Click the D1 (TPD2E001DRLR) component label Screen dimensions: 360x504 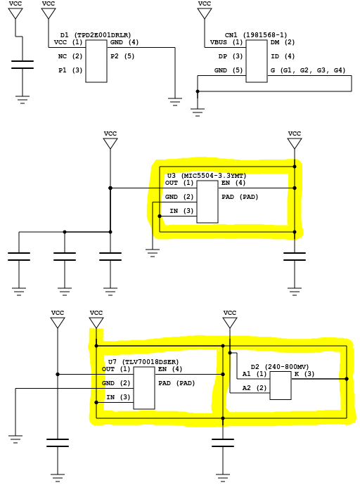[96, 35]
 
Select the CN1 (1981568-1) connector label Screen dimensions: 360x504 [256, 35]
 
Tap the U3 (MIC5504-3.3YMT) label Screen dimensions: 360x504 [207, 176]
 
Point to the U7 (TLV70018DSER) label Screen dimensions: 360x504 [143, 362]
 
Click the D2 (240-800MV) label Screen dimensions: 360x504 [280, 367]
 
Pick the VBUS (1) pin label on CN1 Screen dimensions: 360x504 [226, 42]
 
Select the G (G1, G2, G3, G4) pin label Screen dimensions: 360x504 [308, 70]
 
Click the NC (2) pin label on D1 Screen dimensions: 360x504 [70, 56]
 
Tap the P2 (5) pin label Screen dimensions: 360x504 [122, 56]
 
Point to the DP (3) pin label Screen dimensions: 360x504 [231, 56]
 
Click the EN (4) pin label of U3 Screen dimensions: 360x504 [233, 183]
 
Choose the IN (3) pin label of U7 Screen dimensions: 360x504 [118, 397]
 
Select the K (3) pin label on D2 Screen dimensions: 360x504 [304, 374]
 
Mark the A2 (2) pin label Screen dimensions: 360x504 [255, 388]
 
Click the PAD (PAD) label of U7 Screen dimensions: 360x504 [176, 383]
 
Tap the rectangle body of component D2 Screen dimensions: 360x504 [281, 386]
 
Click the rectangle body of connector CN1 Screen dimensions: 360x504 [257, 61]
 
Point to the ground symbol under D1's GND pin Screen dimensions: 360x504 [175, 102]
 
